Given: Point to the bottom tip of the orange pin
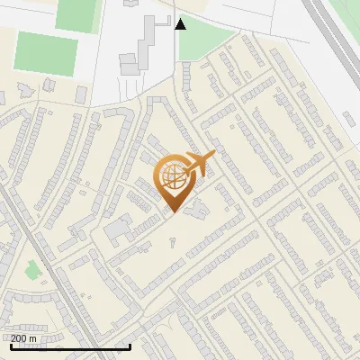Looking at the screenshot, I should (x=173, y=212).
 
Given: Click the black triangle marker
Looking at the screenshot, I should (x=180, y=24).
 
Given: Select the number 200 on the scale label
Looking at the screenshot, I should (x=19, y=338).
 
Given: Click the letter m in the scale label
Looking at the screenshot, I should (x=34, y=338).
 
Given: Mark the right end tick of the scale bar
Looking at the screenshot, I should (x=130, y=345).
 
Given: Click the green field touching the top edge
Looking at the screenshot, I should (x=77, y=13).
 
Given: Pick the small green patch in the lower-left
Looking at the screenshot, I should (x=33, y=268).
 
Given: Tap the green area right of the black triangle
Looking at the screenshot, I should (x=205, y=40).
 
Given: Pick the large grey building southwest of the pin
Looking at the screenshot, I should (x=118, y=230).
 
